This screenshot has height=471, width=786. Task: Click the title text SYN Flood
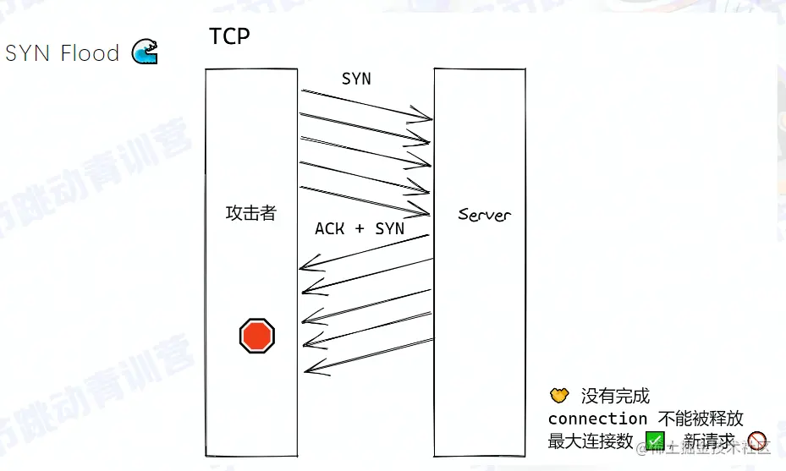(x=62, y=53)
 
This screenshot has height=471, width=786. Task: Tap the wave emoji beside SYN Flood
(x=145, y=52)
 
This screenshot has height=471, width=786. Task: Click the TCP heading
(x=229, y=36)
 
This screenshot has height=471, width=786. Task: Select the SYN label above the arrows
(x=356, y=79)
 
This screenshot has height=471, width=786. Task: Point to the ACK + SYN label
(x=360, y=229)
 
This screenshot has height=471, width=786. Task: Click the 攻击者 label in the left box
(x=250, y=213)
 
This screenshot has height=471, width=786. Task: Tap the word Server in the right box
(x=484, y=214)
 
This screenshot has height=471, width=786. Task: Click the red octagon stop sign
(x=257, y=336)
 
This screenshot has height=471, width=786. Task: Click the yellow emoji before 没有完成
(x=558, y=395)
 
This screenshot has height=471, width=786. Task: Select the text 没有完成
(x=615, y=396)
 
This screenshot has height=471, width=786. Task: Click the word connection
(x=597, y=419)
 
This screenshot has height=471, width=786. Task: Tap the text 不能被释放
(x=701, y=419)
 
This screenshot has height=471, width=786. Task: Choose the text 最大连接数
(x=591, y=441)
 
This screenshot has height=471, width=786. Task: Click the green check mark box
(x=656, y=441)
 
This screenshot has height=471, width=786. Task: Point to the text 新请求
(x=709, y=441)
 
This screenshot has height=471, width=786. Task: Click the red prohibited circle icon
(x=756, y=440)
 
